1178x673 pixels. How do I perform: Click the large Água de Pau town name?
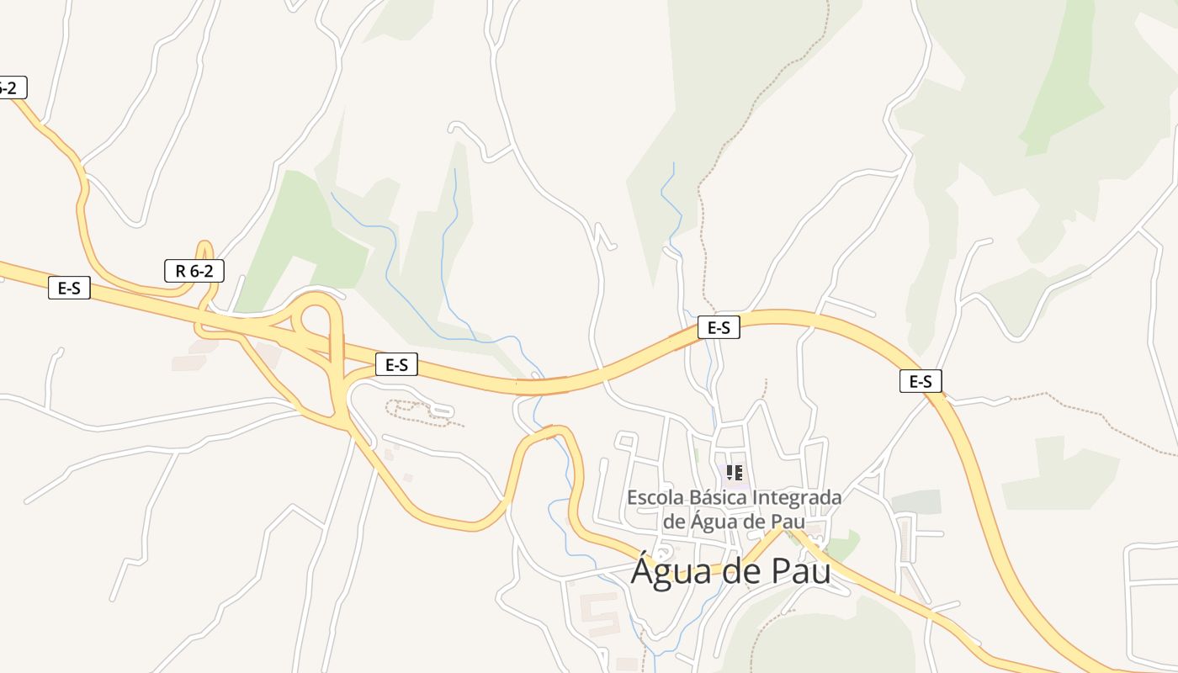pyautogui.click(x=730, y=571)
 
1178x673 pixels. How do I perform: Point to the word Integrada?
pyautogui.click(x=796, y=497)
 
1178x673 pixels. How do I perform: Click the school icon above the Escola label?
pyautogui.click(x=735, y=473)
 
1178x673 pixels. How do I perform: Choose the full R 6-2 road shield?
pyautogui.click(x=194, y=271)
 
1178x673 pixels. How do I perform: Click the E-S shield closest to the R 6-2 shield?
pyautogui.click(x=69, y=288)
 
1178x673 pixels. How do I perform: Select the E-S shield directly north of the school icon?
pyautogui.click(x=719, y=328)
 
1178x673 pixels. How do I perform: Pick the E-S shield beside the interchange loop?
pyautogui.click(x=396, y=364)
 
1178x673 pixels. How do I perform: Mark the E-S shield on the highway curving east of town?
pyautogui.click(x=921, y=381)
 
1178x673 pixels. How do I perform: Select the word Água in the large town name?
pyautogui.click(x=665, y=571)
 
